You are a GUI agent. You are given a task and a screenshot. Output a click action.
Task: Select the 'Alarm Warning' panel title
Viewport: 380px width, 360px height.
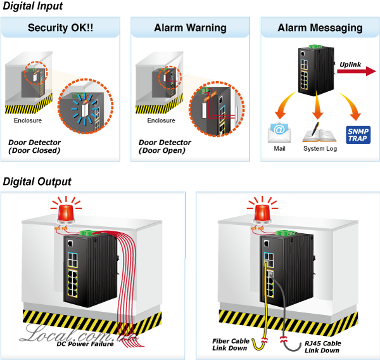pyautogui.click(x=190, y=28)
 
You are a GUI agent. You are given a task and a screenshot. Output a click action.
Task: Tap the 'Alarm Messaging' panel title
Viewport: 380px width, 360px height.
pyautogui.click(x=320, y=28)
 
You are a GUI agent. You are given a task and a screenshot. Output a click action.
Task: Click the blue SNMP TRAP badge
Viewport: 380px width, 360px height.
pyautogui.click(x=358, y=134)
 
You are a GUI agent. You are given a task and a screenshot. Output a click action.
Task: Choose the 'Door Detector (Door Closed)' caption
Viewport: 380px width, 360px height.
pyautogui.click(x=34, y=146)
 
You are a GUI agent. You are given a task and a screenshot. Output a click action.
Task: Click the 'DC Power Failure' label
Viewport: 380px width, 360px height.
pyautogui.click(x=85, y=344)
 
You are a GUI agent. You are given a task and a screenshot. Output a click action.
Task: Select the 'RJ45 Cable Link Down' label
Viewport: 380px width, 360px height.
pyautogui.click(x=322, y=347)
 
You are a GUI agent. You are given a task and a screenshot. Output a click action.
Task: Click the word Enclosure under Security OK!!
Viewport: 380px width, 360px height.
pyautogui.click(x=28, y=120)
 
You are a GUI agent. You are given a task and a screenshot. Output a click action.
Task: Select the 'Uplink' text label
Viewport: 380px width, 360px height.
pyautogui.click(x=350, y=65)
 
